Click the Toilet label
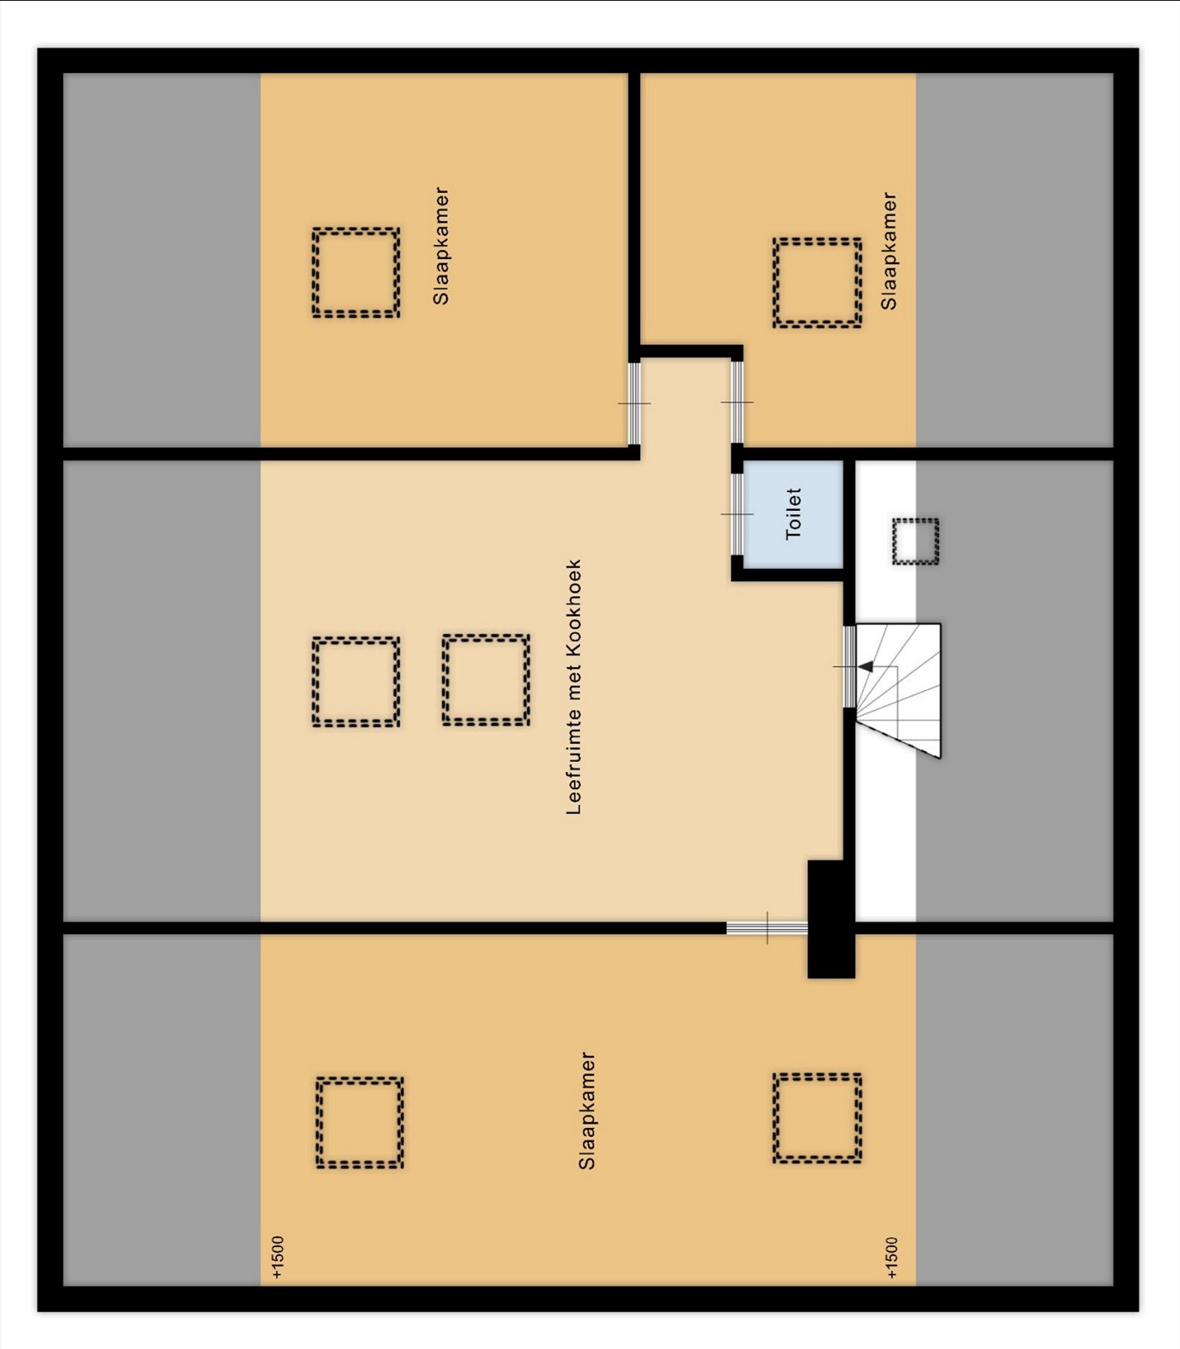pyautogui.click(x=793, y=514)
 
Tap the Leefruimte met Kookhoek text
pyautogui.click(x=574, y=687)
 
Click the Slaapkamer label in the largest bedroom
pyautogui.click(x=586, y=1111)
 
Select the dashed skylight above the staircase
pyautogui.click(x=915, y=542)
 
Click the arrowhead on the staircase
pyautogui.click(x=865, y=666)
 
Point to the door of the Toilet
pyautogui.click(x=736, y=514)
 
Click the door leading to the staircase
pyautogui.click(x=848, y=667)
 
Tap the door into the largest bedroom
pyautogui.click(x=767, y=927)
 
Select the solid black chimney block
pyautogui.click(x=831, y=919)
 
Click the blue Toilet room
pyautogui.click(x=793, y=514)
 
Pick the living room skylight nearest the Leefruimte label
pyautogui.click(x=486, y=680)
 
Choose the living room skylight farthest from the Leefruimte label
pyautogui.click(x=356, y=682)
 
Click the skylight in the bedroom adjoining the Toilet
pyautogui.click(x=817, y=282)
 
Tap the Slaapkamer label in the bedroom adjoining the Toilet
pyautogui.click(x=889, y=251)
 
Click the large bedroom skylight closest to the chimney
pyautogui.click(x=817, y=1118)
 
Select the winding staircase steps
pyautogui.click(x=898, y=690)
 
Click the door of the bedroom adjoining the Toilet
pyautogui.click(x=736, y=402)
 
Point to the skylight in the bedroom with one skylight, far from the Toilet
pyautogui.click(x=356, y=272)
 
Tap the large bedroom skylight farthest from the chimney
pyautogui.click(x=360, y=1122)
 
